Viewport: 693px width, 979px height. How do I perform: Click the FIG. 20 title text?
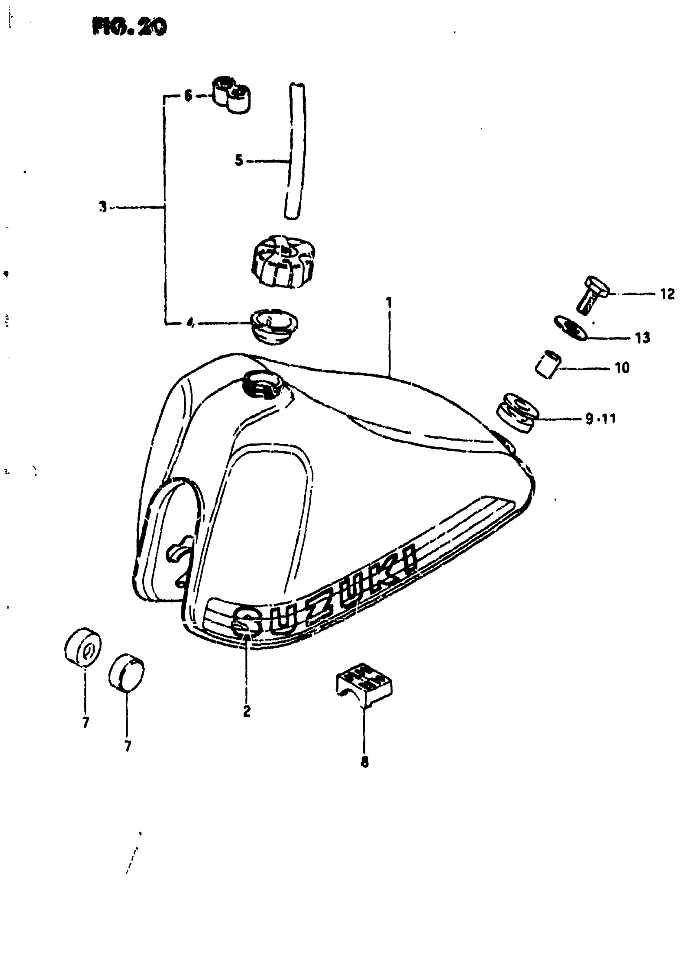(x=129, y=27)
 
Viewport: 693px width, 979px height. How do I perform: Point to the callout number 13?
(x=642, y=338)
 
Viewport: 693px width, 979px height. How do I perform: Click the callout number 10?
(x=622, y=368)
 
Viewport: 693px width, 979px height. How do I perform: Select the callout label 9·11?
(x=600, y=419)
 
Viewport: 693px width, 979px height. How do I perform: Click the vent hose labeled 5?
(x=295, y=152)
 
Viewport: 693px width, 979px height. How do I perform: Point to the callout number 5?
(x=238, y=161)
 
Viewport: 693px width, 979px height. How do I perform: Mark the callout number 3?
(x=102, y=207)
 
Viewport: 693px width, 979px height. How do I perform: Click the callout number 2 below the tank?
(x=247, y=711)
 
